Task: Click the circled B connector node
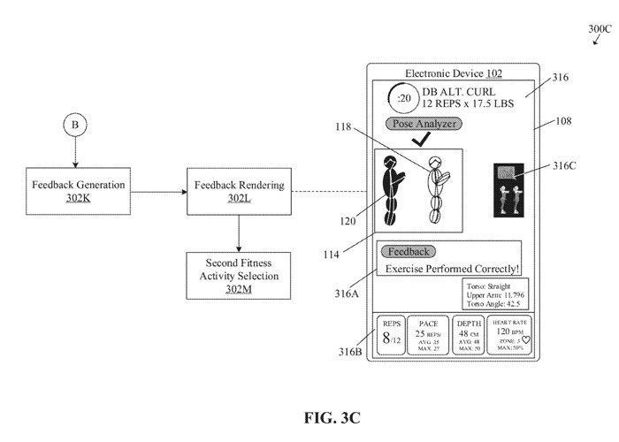[75, 126]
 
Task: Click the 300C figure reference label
[598, 29]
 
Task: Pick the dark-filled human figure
[390, 190]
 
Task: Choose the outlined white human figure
[434, 190]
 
